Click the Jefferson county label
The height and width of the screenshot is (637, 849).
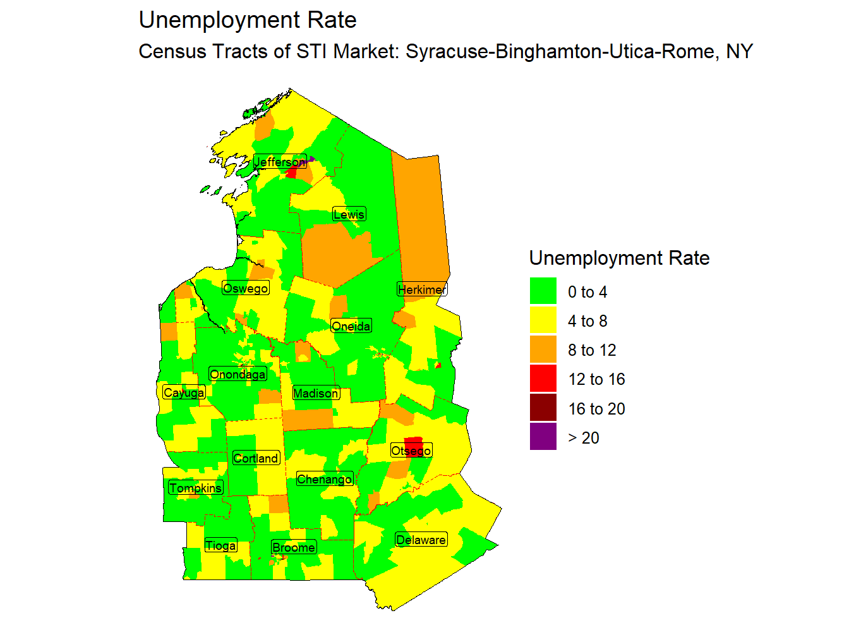coord(280,162)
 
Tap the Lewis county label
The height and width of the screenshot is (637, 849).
coord(349,214)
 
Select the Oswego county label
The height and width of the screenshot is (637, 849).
coord(246,288)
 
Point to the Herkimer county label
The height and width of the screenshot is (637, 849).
coord(422,289)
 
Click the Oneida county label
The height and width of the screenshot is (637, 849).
coord(351,326)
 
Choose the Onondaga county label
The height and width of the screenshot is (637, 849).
coord(238,374)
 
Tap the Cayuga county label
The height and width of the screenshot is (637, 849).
coord(184,392)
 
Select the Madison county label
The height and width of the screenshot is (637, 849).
coord(316,393)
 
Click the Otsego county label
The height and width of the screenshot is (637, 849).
coord(411,451)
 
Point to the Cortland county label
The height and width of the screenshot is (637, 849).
coord(255,458)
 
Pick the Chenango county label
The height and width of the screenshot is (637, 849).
coord(324,479)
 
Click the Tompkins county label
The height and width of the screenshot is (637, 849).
coord(195,488)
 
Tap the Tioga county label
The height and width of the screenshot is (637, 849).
coord(220,545)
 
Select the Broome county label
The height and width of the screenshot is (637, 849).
coord(294,547)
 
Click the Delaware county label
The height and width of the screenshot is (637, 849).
coord(421,540)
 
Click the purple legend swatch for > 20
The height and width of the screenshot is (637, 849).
coord(543,437)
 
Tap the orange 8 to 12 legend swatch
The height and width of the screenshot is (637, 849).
coord(543,349)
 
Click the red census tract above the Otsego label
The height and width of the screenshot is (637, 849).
coord(413,440)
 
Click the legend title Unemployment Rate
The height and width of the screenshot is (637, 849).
coord(619,258)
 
